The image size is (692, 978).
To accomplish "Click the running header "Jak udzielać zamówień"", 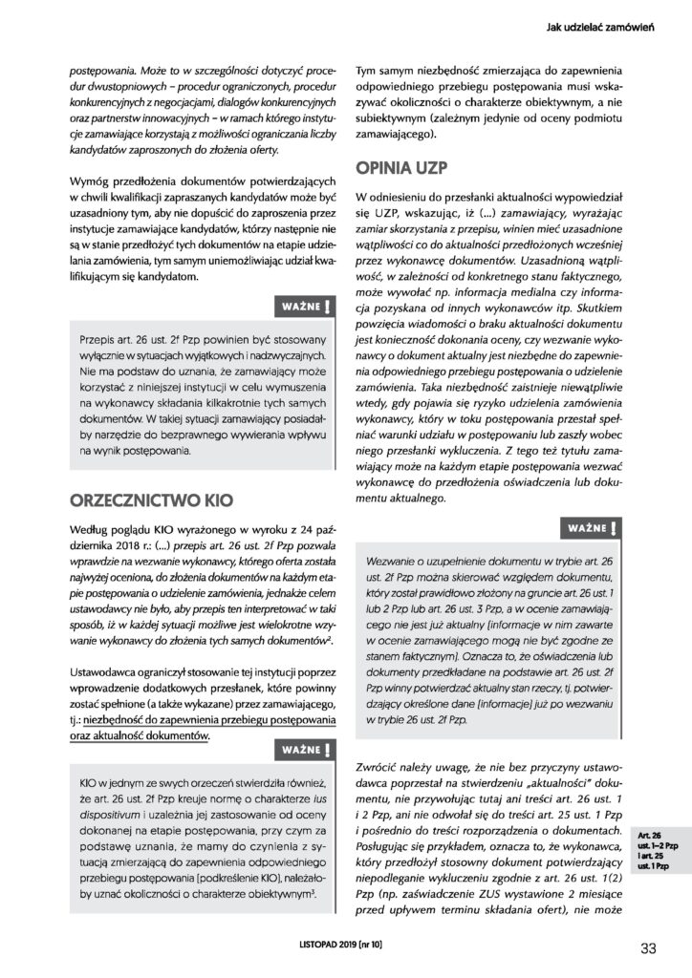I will point(593,28).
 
